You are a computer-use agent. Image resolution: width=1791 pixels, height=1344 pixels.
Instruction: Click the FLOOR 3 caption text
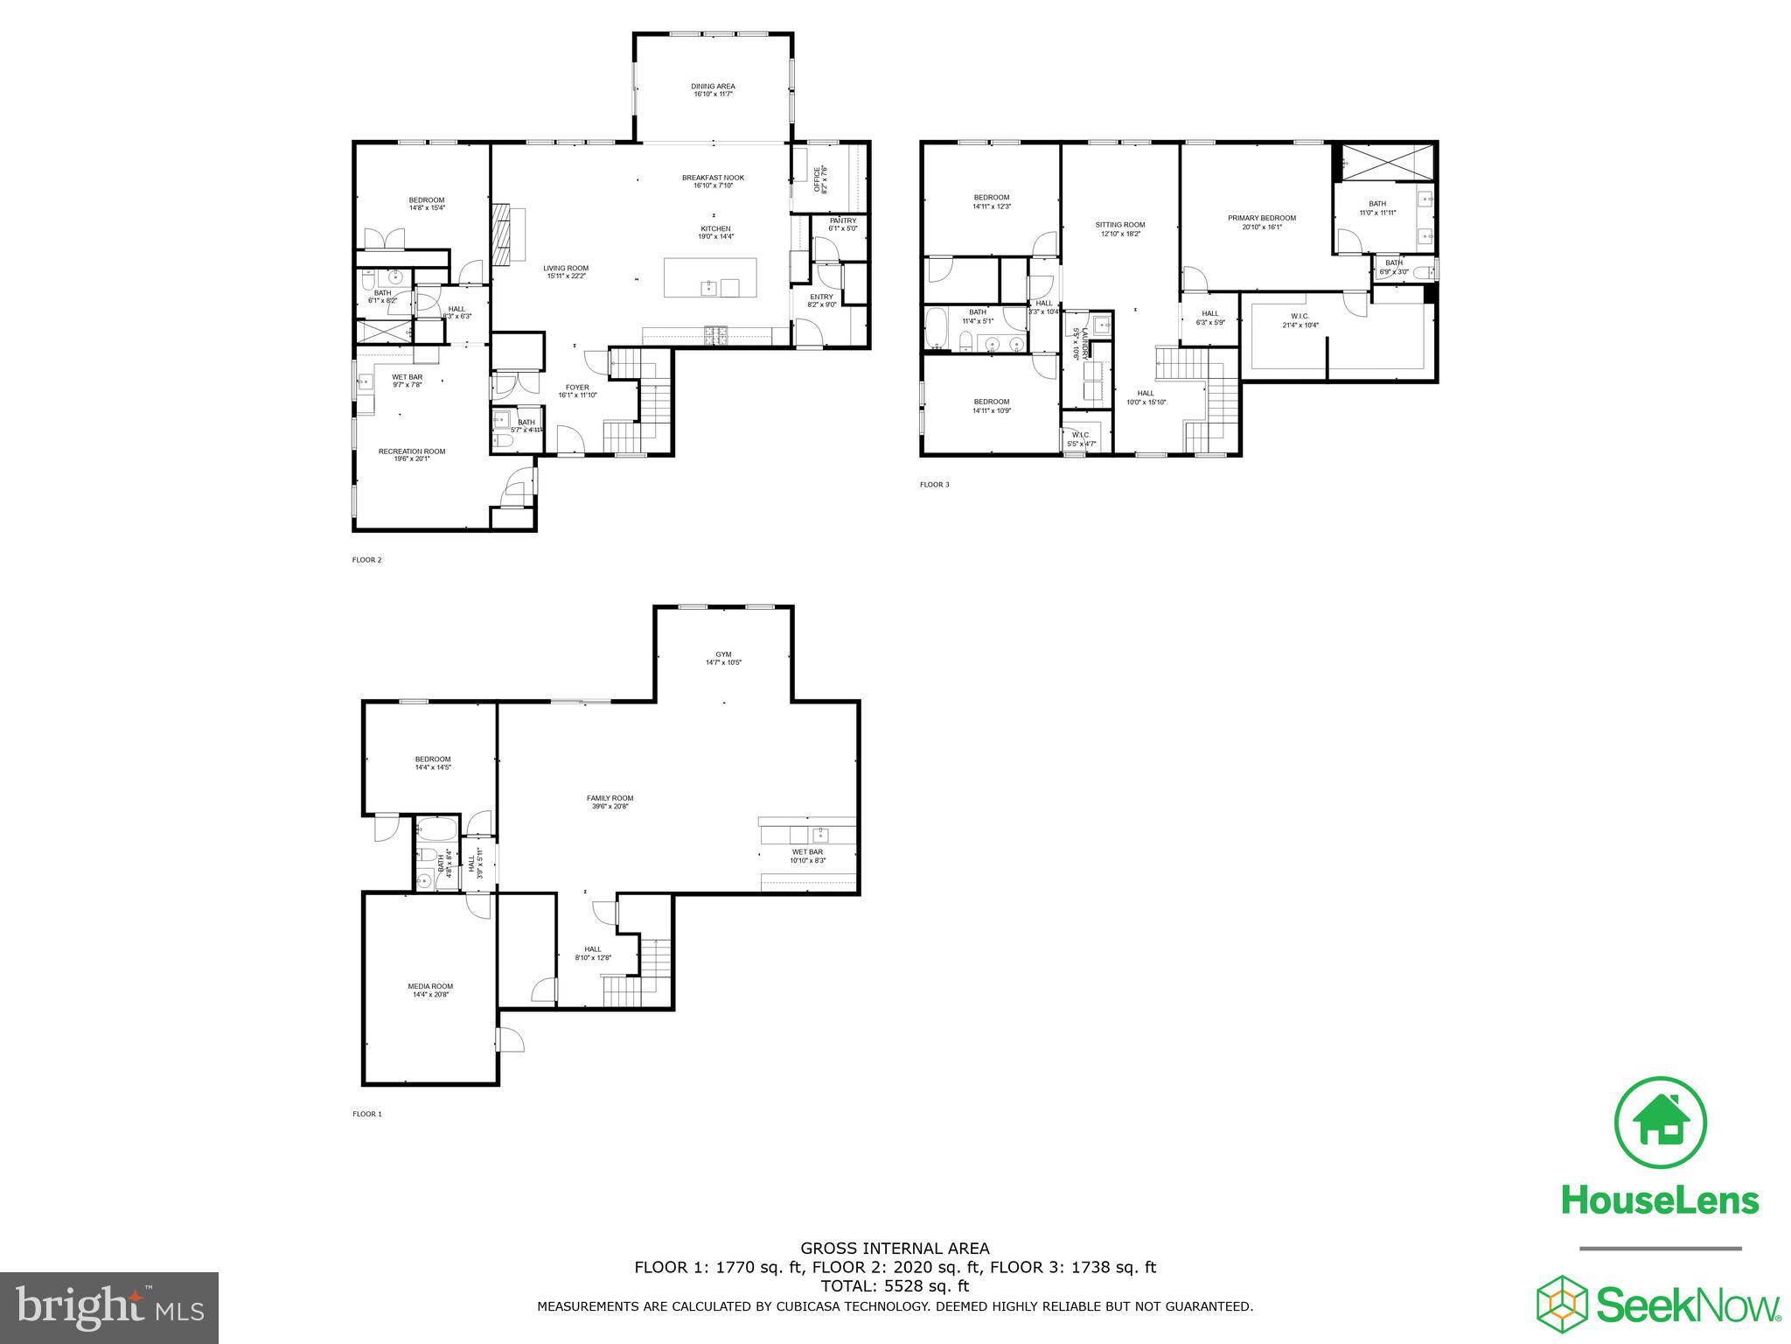coord(934,485)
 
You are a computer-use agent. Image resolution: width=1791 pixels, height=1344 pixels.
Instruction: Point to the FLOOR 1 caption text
coord(366,1114)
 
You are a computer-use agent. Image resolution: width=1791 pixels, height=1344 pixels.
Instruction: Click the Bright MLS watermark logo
coord(109,1309)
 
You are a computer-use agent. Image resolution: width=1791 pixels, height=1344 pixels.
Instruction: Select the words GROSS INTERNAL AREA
coord(895,1249)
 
